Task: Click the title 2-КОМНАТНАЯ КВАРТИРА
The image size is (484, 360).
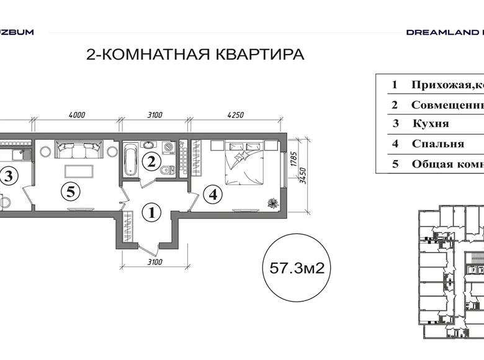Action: coord(195,55)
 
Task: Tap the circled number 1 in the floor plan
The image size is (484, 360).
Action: coord(152,214)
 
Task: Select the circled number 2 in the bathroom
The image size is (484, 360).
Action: coord(151,162)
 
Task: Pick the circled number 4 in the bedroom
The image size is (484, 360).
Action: coord(213,195)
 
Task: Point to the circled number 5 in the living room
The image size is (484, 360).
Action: coord(71,192)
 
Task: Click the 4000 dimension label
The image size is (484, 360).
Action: coord(76,114)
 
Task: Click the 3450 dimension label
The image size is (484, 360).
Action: coord(303,174)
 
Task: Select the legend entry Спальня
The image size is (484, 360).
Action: coord(437,143)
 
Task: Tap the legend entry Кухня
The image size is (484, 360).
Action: coord(430,124)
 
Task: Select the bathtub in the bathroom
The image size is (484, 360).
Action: coord(131,160)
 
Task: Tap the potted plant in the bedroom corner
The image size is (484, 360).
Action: coord(271,202)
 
